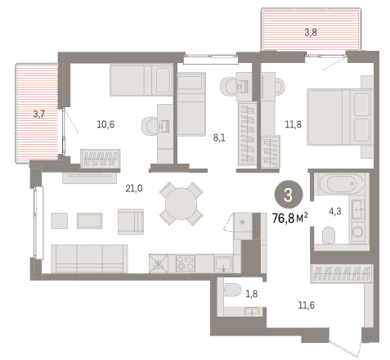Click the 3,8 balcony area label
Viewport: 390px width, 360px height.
coord(311,33)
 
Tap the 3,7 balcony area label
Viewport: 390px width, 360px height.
coord(38,114)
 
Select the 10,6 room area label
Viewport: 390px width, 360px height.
coord(105,124)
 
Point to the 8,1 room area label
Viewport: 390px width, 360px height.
coord(219,138)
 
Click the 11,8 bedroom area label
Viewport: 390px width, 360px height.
coord(294,124)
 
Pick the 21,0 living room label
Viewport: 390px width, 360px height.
coord(134,188)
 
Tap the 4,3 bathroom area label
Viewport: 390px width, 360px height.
coord(335,211)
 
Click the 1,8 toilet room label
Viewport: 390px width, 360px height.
coord(252,294)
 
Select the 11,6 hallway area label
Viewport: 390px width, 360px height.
coord(307,305)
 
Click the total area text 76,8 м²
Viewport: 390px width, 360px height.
coord(290,218)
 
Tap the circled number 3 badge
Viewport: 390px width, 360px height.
coord(289,196)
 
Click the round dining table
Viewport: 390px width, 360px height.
coord(182,204)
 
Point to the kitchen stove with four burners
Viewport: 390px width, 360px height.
coord(186,263)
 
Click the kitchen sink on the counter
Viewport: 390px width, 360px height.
coord(223,263)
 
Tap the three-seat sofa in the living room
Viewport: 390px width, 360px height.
coord(89,259)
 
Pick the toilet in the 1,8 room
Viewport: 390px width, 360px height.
coord(232,290)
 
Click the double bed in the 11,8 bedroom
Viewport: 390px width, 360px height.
coord(339,117)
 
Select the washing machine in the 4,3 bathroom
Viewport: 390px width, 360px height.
coord(358,232)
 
